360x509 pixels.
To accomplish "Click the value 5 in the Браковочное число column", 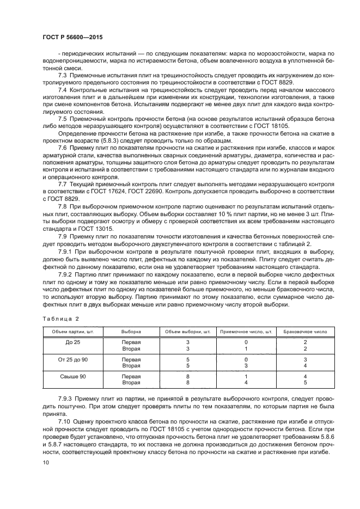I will [x=305, y=383].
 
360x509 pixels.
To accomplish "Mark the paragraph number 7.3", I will [x=63, y=74].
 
